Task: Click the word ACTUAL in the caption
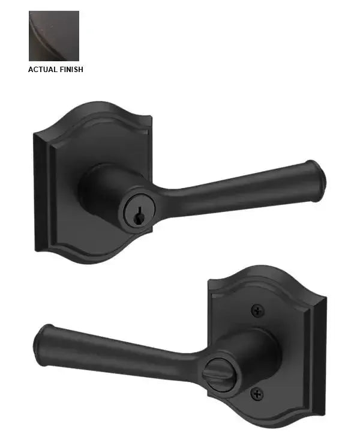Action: click(43, 70)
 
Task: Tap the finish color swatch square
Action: click(54, 36)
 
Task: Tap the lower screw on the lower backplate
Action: click(257, 393)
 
